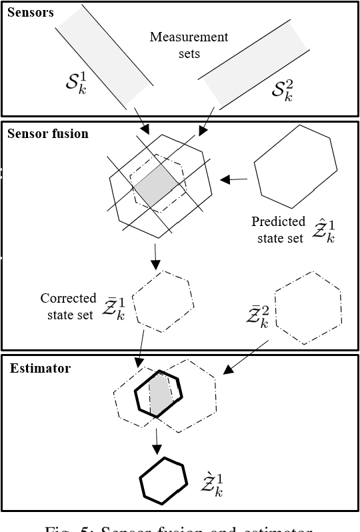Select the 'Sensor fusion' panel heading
(x=47, y=133)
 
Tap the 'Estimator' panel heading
(x=40, y=367)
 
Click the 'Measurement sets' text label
(x=189, y=45)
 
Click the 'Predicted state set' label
(x=278, y=229)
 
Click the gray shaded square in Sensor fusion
(x=157, y=185)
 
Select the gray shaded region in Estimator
(x=160, y=395)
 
